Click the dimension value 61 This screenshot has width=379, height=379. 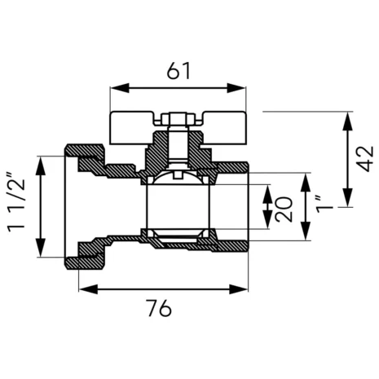[x=178, y=71]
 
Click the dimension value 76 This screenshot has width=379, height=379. [x=160, y=308]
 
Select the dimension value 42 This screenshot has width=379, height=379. [x=365, y=159]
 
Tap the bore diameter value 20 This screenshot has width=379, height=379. [x=284, y=209]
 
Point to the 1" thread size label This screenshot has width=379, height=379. [x=324, y=204]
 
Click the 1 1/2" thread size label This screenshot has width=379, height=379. [x=16, y=201]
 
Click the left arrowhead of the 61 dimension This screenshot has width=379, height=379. [x=120, y=88]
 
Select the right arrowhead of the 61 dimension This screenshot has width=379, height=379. [x=236, y=88]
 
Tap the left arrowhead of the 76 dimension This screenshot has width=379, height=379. [x=88, y=289]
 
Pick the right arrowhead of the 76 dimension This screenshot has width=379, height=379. [x=239, y=289]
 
